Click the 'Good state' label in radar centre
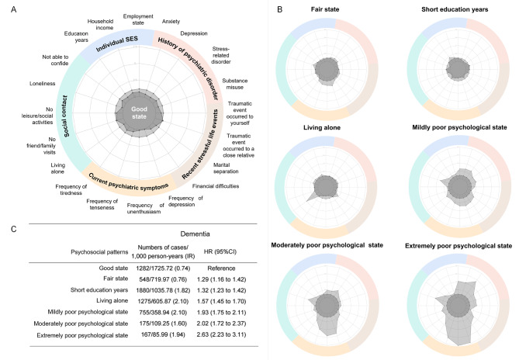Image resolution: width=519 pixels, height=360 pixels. click(140, 109)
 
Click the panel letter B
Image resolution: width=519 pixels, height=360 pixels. click(279, 8)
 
